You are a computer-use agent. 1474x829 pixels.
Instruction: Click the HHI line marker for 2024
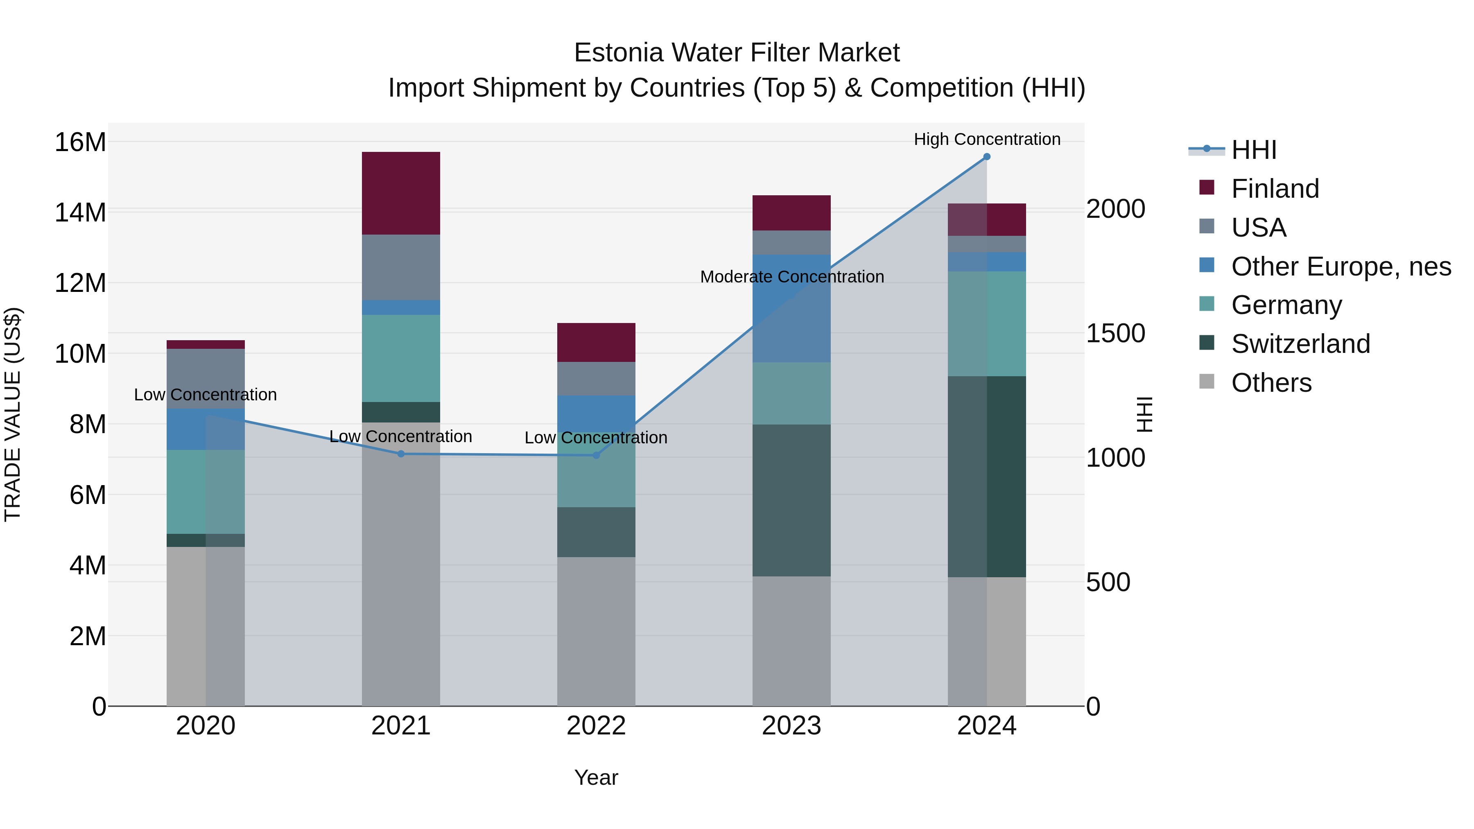986,157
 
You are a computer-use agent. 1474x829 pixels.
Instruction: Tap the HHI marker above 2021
400,454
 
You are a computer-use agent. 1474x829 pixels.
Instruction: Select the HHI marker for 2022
596,455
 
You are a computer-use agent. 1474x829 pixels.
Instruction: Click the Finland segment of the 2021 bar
400,193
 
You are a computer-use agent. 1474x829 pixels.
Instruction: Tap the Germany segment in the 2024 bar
986,323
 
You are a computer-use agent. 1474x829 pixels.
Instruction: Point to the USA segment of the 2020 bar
206,378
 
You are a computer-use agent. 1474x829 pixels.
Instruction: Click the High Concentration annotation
986,139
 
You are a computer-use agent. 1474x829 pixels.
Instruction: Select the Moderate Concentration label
791,277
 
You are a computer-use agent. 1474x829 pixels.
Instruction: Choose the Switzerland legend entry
1300,344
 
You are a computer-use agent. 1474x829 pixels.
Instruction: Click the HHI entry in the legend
1253,150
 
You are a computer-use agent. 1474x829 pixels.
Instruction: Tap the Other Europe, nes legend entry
1341,267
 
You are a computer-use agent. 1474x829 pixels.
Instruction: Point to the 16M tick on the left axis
80,142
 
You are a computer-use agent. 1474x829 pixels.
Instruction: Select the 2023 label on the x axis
791,726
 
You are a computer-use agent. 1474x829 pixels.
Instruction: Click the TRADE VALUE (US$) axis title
13,414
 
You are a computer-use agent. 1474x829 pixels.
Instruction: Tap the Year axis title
596,777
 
